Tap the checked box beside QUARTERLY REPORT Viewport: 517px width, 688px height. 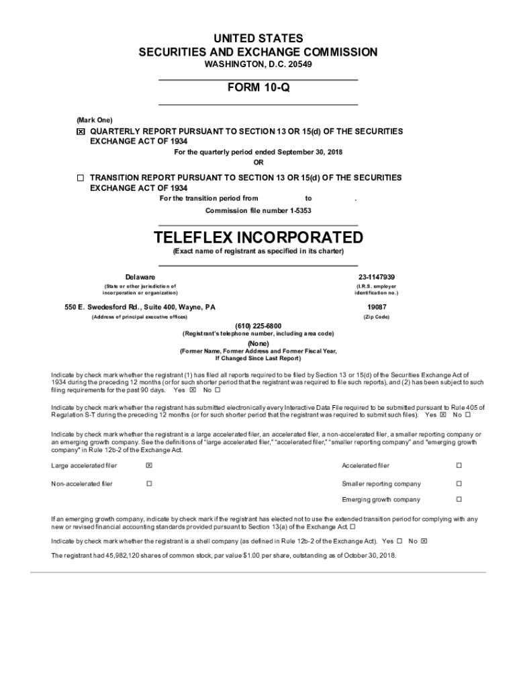pyautogui.click(x=81, y=132)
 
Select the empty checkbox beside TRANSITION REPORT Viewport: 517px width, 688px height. pyautogui.click(x=81, y=179)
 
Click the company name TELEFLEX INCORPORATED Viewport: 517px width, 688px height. pyautogui.click(x=258, y=238)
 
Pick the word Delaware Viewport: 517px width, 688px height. pyautogui.click(x=140, y=277)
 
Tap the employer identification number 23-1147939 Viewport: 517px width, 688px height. pyautogui.click(x=376, y=277)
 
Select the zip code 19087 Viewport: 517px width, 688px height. pyautogui.click(x=376, y=307)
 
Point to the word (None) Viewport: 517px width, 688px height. pyautogui.click(x=258, y=343)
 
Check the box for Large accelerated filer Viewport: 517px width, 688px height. pyautogui.click(x=149, y=466)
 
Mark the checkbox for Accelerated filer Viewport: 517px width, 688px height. pyautogui.click(x=459, y=466)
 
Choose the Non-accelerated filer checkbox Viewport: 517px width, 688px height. pyautogui.click(x=149, y=484)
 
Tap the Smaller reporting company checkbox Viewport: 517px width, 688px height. pyautogui.click(x=459, y=484)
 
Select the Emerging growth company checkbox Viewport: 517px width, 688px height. pyautogui.click(x=459, y=500)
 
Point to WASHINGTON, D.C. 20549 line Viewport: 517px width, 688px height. pyautogui.click(x=258, y=64)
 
